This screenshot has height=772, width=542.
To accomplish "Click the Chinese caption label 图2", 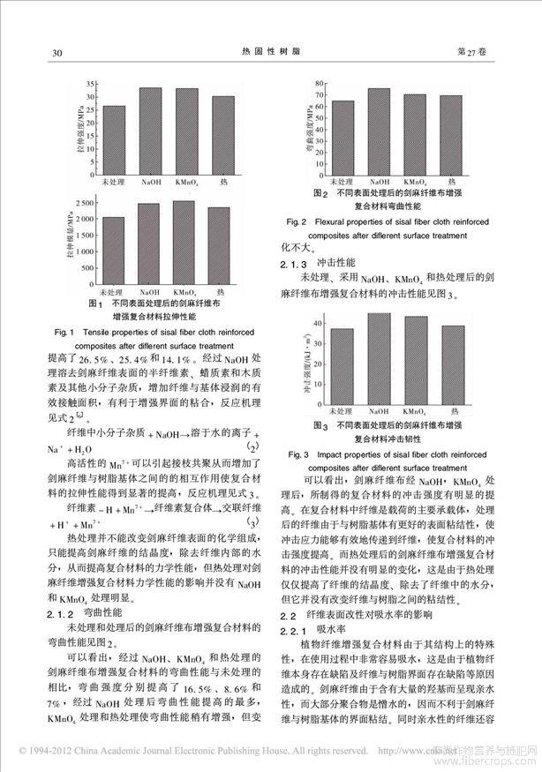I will click(320, 192).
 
